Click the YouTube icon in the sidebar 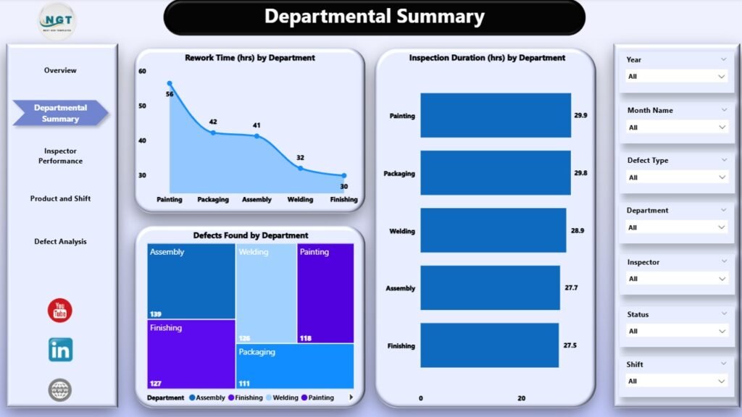[x=60, y=311]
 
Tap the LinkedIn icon [x=60, y=350]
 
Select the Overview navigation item [x=60, y=71]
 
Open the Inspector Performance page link [x=60, y=156]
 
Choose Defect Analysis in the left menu [x=60, y=242]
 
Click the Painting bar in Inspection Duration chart [x=495, y=115]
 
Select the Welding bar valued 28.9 [x=493, y=230]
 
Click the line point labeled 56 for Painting [x=170, y=84]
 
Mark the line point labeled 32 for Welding [x=300, y=168]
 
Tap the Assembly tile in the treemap [x=191, y=281]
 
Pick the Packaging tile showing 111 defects [x=294, y=366]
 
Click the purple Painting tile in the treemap [x=325, y=292]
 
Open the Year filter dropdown [x=676, y=76]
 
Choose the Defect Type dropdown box [x=676, y=177]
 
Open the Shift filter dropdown [x=676, y=381]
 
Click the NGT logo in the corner [x=55, y=20]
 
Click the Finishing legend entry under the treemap [x=245, y=397]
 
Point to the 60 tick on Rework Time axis [x=142, y=71]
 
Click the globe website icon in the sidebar [x=60, y=390]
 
